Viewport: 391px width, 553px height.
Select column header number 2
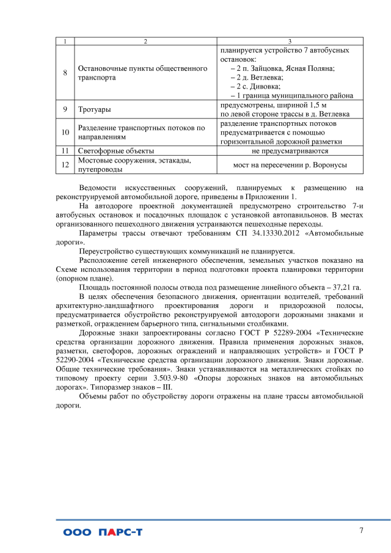(145, 40)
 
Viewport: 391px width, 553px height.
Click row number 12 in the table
(65, 165)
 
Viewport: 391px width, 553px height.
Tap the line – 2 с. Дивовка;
(255, 87)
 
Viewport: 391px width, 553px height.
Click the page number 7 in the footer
(361, 530)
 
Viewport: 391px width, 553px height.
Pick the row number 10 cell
(65, 132)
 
